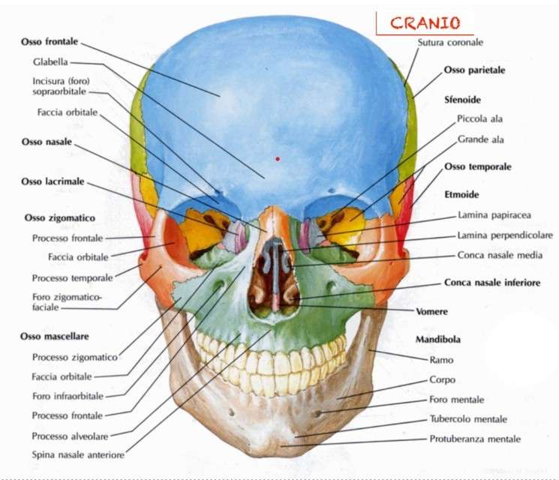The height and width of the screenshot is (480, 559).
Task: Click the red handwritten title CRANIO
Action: [x=425, y=23]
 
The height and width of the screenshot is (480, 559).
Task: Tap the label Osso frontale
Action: [x=50, y=42]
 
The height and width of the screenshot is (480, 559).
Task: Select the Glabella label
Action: [x=50, y=62]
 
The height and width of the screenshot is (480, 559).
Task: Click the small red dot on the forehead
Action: [x=278, y=159]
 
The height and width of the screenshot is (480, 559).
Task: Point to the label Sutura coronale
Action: [x=450, y=43]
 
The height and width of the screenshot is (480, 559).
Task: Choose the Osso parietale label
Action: [x=474, y=70]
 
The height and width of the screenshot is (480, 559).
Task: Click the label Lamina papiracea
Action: [x=494, y=215]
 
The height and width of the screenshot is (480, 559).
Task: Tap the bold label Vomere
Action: [x=431, y=311]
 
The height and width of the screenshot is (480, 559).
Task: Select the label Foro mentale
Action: [x=457, y=400]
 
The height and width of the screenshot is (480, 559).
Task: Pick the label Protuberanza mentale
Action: [x=475, y=439]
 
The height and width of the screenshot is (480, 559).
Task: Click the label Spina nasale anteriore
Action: [x=78, y=454]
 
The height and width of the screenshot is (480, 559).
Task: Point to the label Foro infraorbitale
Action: [x=68, y=396]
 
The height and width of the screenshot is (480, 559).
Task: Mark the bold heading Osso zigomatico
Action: [x=60, y=218]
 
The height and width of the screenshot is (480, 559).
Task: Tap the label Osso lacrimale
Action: [x=53, y=181]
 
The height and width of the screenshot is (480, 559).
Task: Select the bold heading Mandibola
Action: [x=438, y=339]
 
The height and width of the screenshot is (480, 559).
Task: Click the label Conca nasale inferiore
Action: [x=492, y=283]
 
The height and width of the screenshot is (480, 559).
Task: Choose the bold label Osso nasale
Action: [x=47, y=142]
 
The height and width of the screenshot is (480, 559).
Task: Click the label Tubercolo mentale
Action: [x=468, y=419]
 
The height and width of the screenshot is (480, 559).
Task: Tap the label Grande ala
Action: [x=480, y=139]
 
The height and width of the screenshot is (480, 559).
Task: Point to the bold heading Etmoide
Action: [x=461, y=194]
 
